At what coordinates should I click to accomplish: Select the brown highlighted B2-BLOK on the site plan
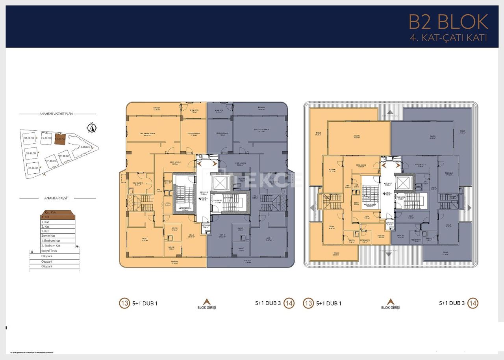coord(60,139)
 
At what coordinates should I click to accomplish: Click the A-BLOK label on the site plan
coord(85,147)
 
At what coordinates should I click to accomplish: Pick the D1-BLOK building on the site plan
coord(33,168)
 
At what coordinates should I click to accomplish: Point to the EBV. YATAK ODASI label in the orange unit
coord(147,134)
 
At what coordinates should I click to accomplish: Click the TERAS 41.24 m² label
coord(318,134)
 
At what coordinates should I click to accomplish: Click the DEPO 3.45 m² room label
coord(168,204)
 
